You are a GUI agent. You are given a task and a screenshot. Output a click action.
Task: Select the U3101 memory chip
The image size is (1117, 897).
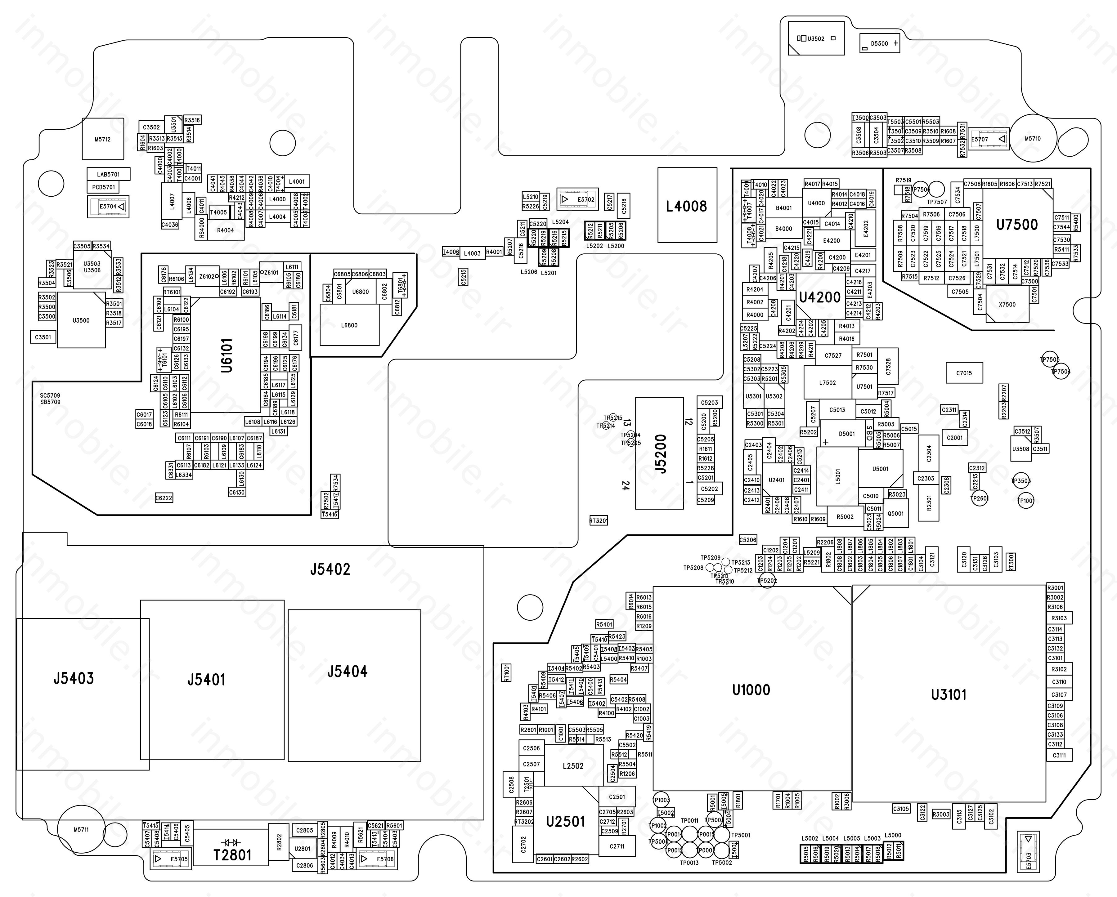[949, 694]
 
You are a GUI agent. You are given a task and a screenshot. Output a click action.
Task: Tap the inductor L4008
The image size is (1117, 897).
[687, 206]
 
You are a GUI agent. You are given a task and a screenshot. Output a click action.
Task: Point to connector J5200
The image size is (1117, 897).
[660, 453]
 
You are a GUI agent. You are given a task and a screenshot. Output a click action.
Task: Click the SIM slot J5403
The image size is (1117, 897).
[74, 678]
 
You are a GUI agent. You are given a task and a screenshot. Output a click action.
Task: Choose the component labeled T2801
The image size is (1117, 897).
[232, 855]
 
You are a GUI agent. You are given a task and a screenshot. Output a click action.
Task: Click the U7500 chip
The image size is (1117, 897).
[1017, 225]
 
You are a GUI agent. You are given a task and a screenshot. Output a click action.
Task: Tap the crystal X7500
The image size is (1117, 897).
[1007, 305]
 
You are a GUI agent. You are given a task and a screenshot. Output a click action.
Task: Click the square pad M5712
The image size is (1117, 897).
[103, 139]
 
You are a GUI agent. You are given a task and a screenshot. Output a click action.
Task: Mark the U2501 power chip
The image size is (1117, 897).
[565, 821]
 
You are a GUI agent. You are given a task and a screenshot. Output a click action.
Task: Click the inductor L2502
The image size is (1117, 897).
[573, 766]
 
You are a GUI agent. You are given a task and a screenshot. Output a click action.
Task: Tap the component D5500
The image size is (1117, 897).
[879, 43]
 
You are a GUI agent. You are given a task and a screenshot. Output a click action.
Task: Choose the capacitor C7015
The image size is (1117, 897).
[964, 373]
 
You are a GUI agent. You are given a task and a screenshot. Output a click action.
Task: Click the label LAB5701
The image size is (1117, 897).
[108, 175]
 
